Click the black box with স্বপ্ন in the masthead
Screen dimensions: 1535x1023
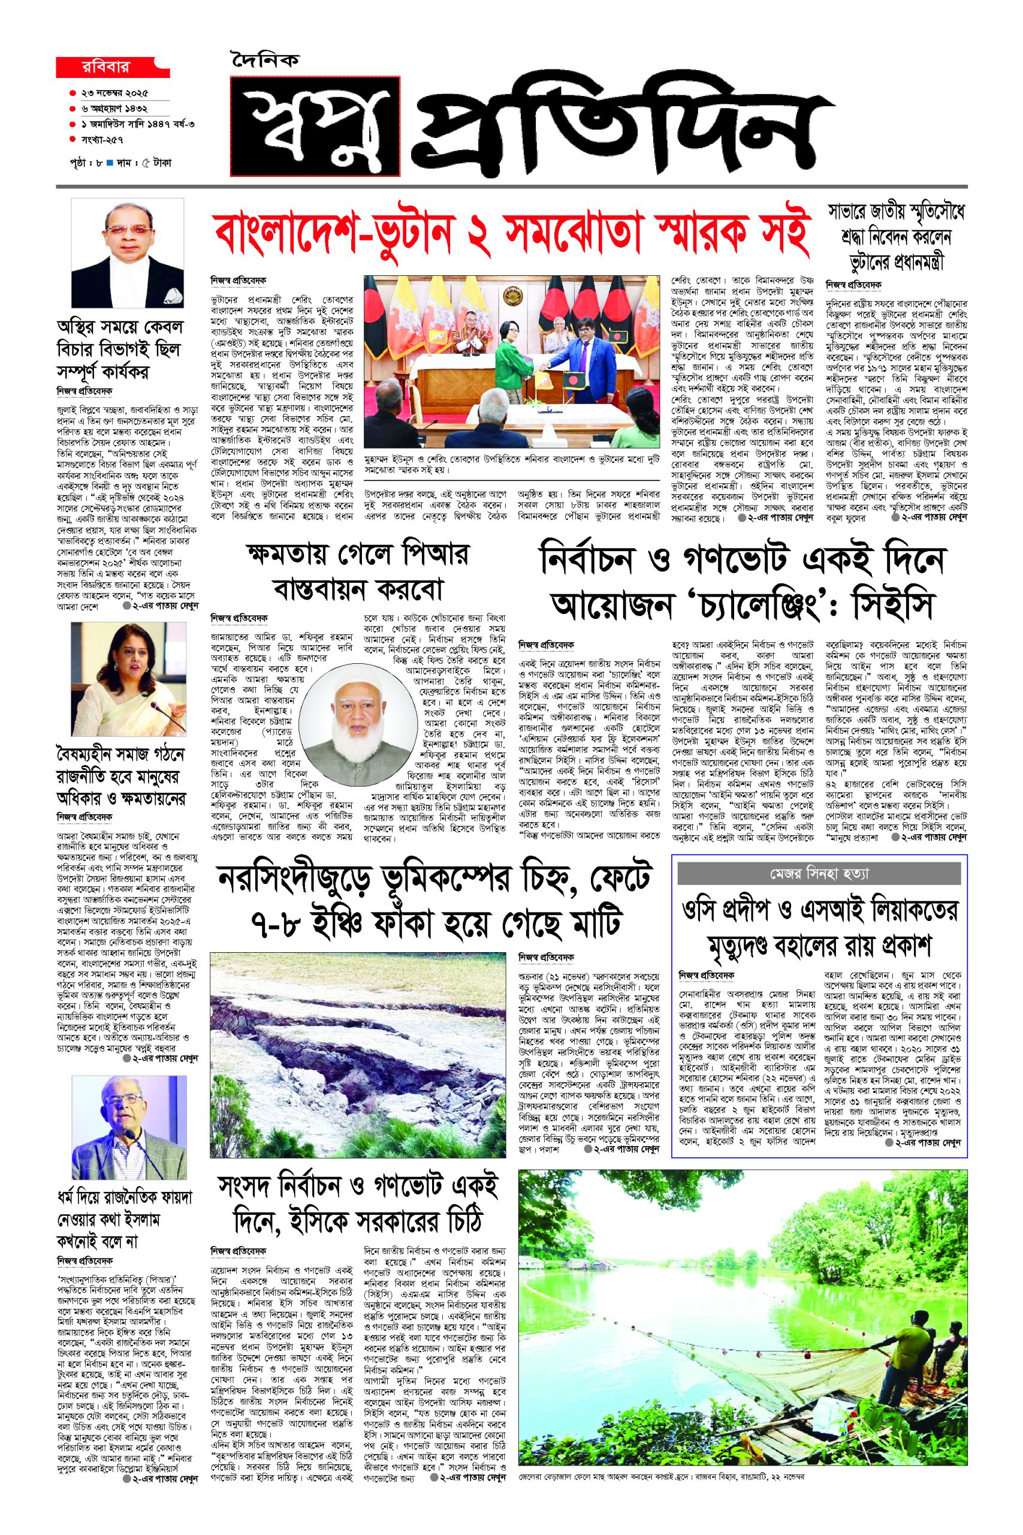pyautogui.click(x=315, y=127)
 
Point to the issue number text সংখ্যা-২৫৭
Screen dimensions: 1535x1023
pyautogui.click(x=102, y=139)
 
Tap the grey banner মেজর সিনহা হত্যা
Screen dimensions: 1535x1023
pyautogui.click(x=819, y=872)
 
